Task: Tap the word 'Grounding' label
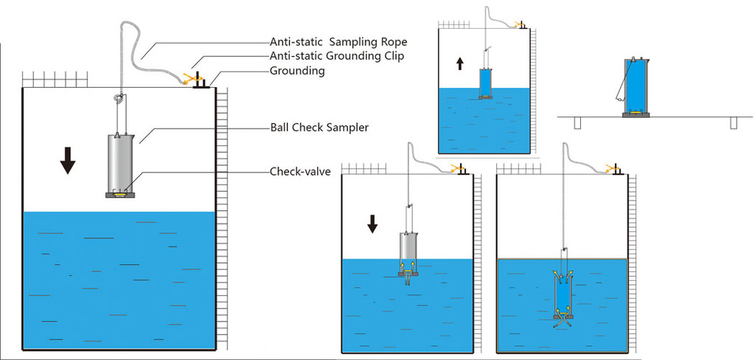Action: point(297,71)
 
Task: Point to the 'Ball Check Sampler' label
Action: point(319,128)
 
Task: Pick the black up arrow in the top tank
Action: point(460,63)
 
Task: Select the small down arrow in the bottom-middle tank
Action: point(373,223)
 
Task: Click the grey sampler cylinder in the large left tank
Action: point(121,162)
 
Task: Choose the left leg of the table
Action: point(577,123)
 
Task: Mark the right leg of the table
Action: point(733,123)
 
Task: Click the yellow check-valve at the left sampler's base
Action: point(121,194)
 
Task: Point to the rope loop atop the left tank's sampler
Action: point(118,98)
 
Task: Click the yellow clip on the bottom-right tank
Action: point(611,168)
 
